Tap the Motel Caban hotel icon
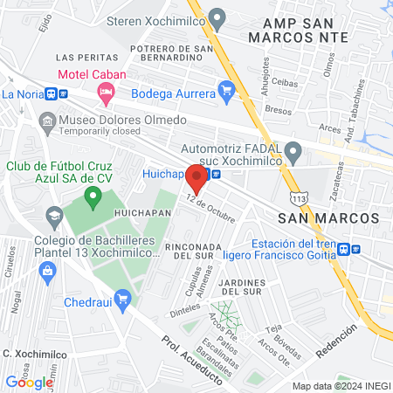107,91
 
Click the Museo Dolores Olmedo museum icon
46,120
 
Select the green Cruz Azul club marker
93,202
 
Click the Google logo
29,382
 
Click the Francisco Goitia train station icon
346,248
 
